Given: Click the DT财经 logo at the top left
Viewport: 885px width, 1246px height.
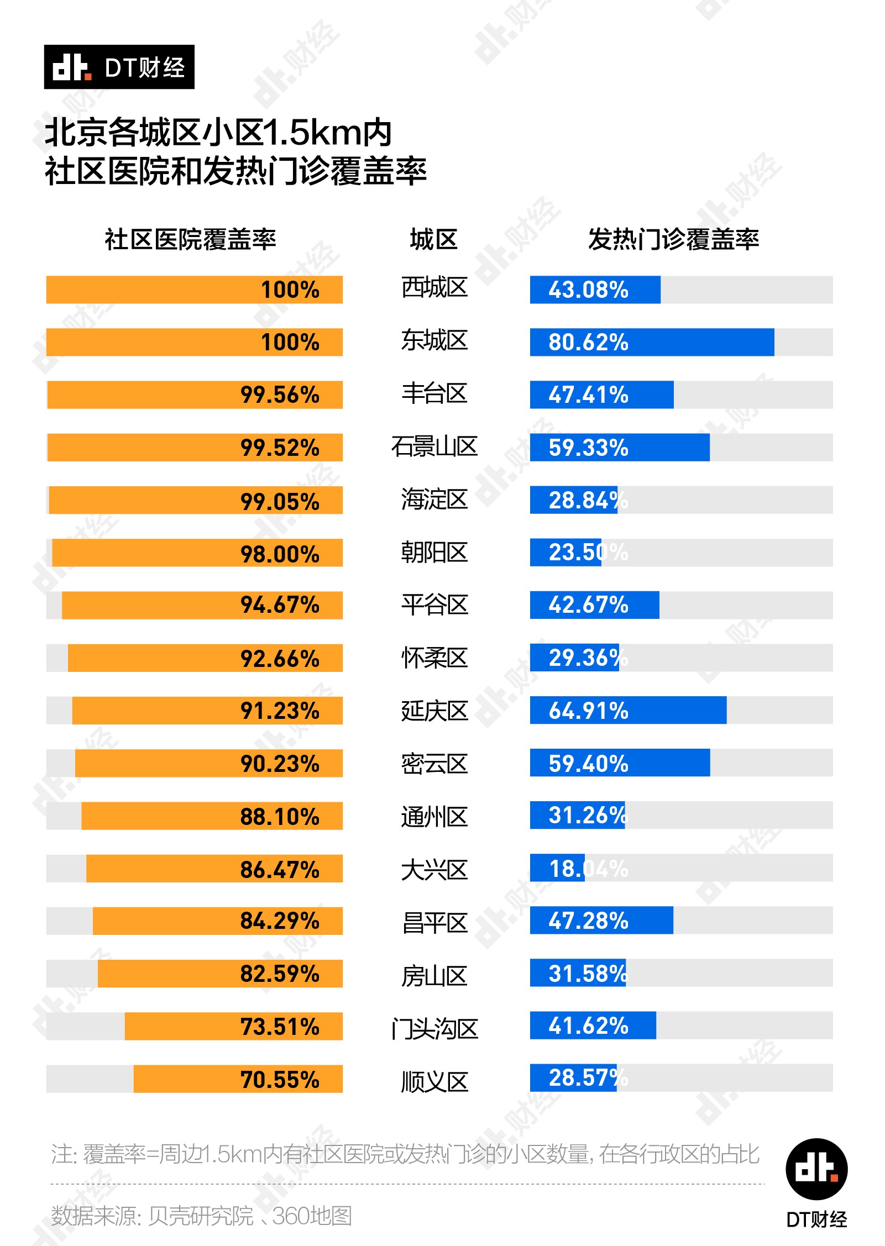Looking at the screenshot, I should pos(119,67).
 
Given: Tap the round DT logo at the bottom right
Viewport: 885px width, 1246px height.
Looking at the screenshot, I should pos(816,1169).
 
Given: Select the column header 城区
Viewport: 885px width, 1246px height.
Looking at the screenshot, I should pos(434,240).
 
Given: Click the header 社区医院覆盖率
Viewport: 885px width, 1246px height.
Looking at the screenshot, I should pos(190,240).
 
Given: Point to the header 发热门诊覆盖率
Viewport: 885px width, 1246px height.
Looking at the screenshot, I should pos(673,240).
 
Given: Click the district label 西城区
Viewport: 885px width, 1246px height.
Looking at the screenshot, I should pos(434,288).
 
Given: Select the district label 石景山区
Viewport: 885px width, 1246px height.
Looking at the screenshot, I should pos(434,446).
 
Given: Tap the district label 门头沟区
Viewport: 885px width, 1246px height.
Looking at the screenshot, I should pos(434,1028).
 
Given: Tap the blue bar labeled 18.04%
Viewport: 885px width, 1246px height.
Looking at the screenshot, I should pos(557,868).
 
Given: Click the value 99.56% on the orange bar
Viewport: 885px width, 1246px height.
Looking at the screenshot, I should pos(280,395).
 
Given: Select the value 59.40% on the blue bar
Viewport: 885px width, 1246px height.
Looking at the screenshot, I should pos(588,763).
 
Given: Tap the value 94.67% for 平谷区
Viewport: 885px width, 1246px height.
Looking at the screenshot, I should pos(280,605).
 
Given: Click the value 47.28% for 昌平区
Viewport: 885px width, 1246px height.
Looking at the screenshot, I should pos(588,921).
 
